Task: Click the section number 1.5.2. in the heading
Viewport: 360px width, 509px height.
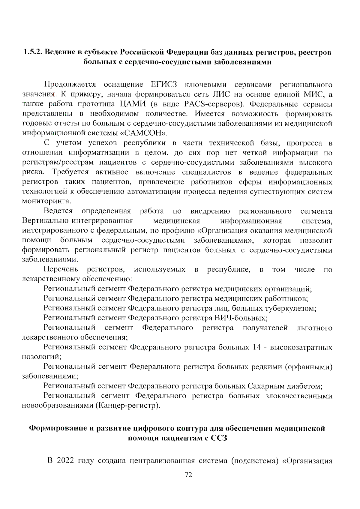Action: point(33,52)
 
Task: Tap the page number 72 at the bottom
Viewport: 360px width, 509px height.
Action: point(188,475)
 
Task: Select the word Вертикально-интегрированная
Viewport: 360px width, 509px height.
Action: point(77,221)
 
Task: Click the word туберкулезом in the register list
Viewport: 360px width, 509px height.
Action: point(291,308)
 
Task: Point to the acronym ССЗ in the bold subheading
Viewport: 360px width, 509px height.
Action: point(219,438)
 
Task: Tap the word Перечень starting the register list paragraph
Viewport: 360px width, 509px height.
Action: point(61,269)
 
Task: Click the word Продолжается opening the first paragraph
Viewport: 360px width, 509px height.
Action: point(70,85)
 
